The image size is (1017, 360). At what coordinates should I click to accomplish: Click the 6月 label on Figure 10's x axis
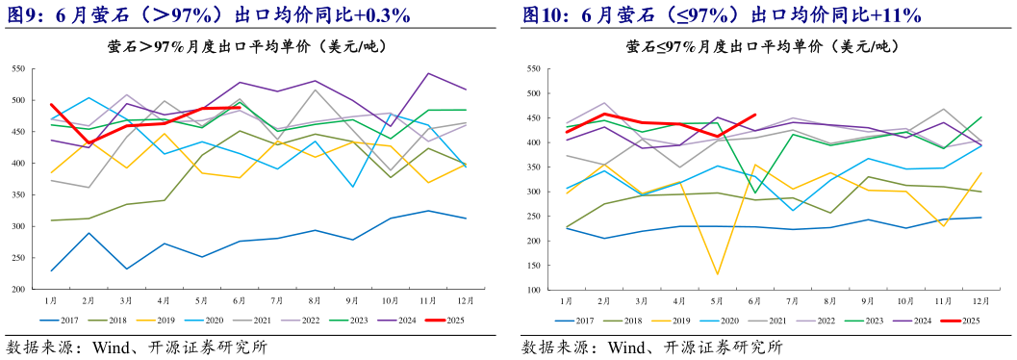(x=752, y=301)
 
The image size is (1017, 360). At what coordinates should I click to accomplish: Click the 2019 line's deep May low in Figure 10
(x=717, y=274)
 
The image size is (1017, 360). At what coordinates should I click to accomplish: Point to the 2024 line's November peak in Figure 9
(x=427, y=73)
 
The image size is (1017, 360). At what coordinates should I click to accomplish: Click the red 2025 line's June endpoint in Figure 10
(x=753, y=115)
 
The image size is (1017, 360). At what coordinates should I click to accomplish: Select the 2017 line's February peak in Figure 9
(x=89, y=233)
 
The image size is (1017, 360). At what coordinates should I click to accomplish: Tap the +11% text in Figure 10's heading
(x=894, y=14)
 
